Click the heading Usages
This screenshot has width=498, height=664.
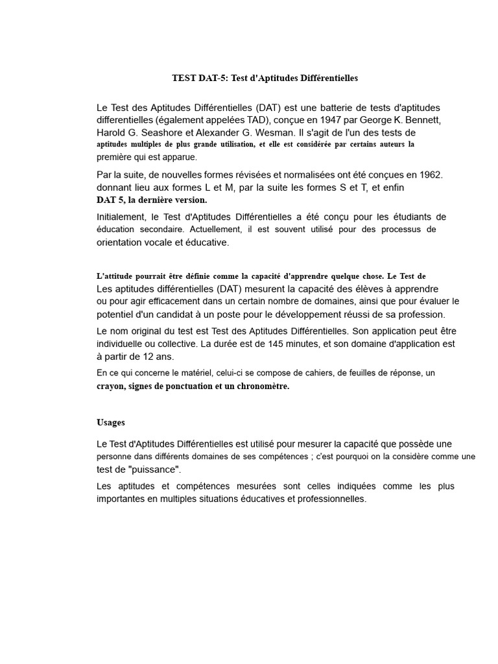coord(111,422)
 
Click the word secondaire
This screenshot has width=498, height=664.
coord(170,230)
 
